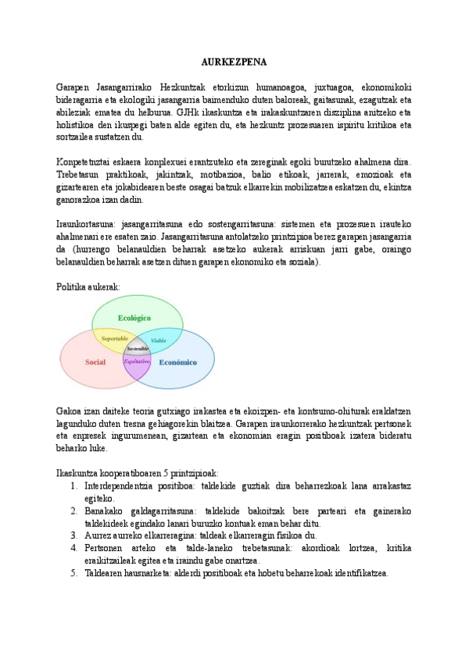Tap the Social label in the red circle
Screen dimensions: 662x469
click(x=95, y=362)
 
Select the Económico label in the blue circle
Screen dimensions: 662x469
click(x=177, y=362)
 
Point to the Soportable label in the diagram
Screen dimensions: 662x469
click(x=115, y=339)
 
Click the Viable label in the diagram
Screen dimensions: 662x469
click(x=158, y=340)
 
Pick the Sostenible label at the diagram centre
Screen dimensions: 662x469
click(x=138, y=348)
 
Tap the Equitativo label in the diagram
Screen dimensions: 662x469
click(x=137, y=362)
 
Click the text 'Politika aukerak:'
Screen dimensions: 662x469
click(x=88, y=287)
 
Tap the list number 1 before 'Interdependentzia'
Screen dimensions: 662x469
click(x=73, y=486)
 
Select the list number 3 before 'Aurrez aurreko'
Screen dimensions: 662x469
click(x=73, y=536)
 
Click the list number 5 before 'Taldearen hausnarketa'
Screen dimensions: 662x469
click(x=73, y=573)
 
